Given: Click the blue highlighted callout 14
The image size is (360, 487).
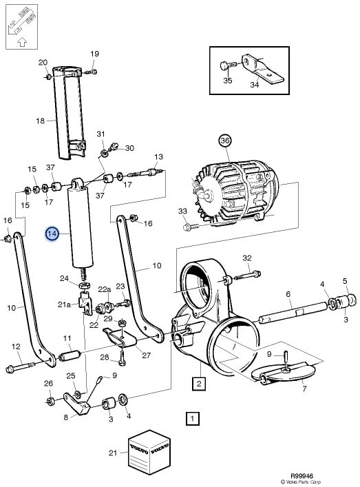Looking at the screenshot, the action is [x=52, y=234].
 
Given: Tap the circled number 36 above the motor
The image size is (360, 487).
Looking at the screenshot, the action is [x=225, y=141].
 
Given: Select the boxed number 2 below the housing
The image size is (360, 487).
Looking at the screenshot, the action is [x=199, y=383].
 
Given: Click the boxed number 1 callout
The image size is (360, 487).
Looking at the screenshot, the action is [x=193, y=418].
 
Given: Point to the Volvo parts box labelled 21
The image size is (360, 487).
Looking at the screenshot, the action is [x=149, y=452].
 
